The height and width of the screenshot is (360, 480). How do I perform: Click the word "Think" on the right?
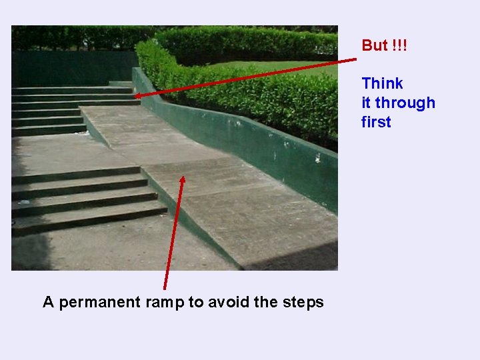click(382, 83)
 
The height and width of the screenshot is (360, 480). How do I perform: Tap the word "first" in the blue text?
click(376, 122)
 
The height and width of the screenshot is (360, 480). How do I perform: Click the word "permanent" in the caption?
click(97, 303)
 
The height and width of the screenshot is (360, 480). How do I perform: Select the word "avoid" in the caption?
click(229, 302)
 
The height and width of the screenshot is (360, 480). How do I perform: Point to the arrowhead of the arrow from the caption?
click(183, 178)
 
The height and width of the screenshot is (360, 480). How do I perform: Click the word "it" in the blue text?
click(365, 103)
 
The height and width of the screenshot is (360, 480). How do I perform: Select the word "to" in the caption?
click(195, 302)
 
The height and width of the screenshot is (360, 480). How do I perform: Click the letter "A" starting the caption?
click(48, 302)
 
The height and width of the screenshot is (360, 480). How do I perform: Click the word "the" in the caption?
click(265, 302)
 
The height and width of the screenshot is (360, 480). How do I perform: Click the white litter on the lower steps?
click(25, 201)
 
